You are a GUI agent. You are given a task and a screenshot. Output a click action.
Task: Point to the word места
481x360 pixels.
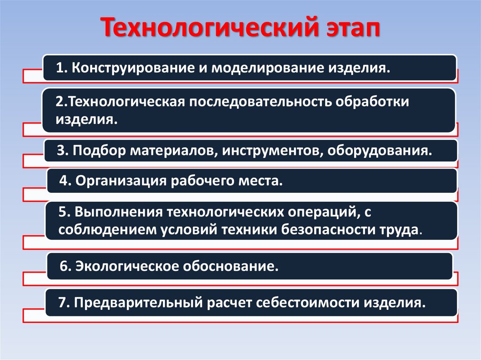click(x=264, y=181)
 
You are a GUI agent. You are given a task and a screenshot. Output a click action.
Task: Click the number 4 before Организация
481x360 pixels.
click(x=63, y=181)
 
